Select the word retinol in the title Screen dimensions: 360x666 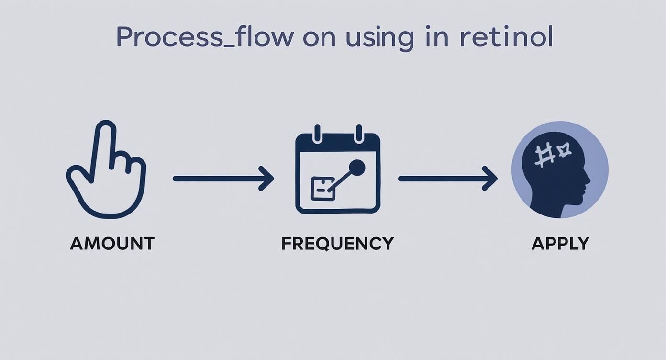click(506, 37)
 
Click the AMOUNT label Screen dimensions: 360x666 click(112, 244)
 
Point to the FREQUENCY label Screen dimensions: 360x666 click(337, 244)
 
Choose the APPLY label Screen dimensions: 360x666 click(560, 244)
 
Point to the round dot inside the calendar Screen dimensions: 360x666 click(356, 168)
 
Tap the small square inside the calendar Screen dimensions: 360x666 click(322, 188)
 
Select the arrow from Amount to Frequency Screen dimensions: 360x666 click(223, 179)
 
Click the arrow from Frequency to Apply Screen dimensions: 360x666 click(448, 179)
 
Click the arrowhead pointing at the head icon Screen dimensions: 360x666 click(491, 179)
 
